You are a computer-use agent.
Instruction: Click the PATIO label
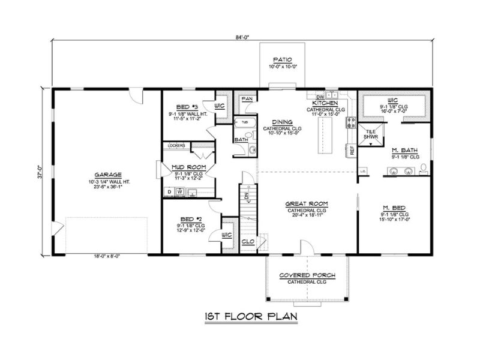pyautogui.click(x=282, y=60)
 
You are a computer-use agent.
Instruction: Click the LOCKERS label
pyautogui.click(x=176, y=145)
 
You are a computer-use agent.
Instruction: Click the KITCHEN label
pyautogui.click(x=326, y=104)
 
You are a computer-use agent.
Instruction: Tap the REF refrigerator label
pyautogui.click(x=352, y=149)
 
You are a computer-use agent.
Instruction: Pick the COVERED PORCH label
pyautogui.click(x=307, y=275)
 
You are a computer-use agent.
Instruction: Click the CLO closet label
pyautogui.click(x=247, y=241)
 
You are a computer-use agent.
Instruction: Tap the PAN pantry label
pyautogui.click(x=247, y=99)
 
